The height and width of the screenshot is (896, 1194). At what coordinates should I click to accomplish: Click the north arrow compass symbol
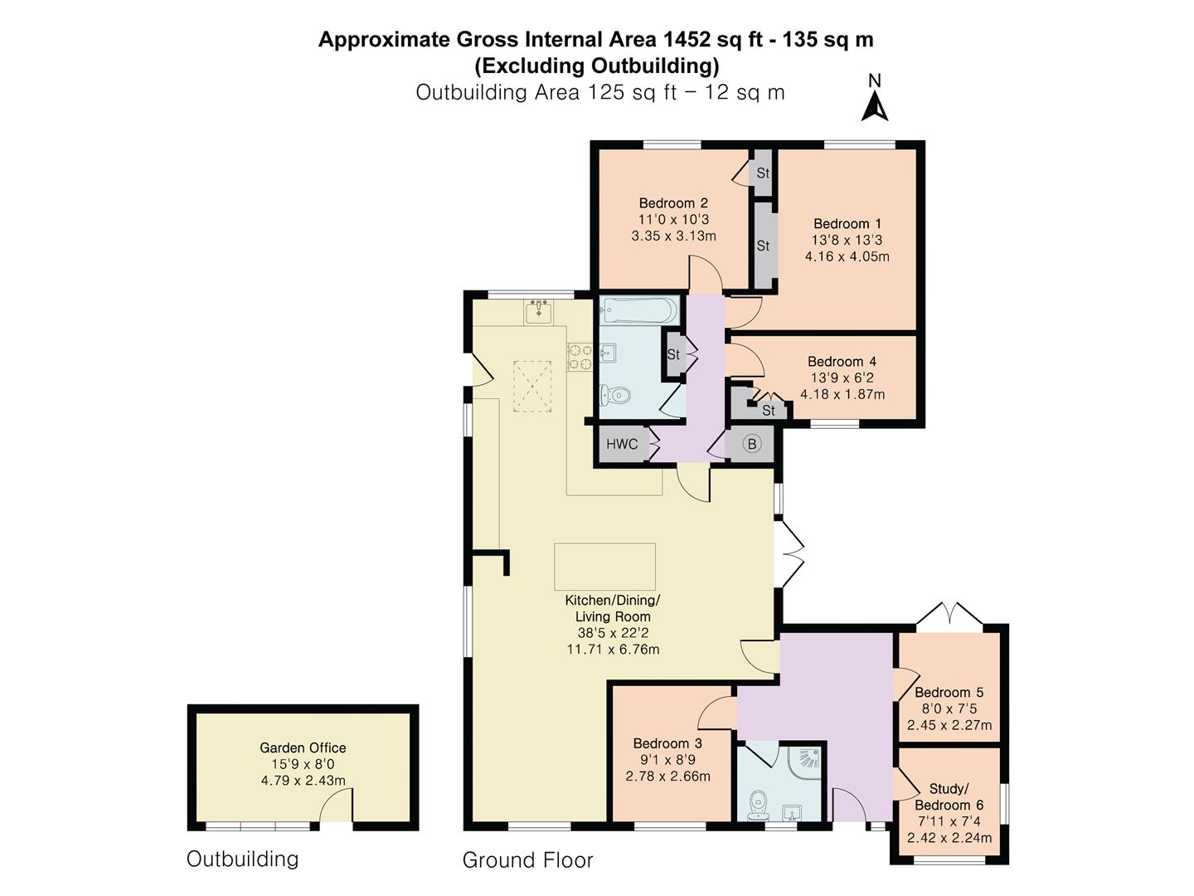pyautogui.click(x=874, y=99)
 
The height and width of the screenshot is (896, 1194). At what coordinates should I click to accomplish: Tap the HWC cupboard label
pyautogui.click(x=622, y=444)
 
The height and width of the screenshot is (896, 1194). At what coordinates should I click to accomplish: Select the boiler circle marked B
pyautogui.click(x=752, y=444)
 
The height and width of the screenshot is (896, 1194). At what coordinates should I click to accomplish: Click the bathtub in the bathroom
pyautogui.click(x=638, y=310)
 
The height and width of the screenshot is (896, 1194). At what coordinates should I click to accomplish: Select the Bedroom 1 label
pyautogui.click(x=847, y=224)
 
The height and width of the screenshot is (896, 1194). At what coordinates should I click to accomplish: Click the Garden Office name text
pyautogui.click(x=303, y=747)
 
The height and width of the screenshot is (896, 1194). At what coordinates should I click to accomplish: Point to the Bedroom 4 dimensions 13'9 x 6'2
pyautogui.click(x=842, y=377)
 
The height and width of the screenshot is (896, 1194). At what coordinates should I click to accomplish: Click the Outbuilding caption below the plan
pyautogui.click(x=242, y=859)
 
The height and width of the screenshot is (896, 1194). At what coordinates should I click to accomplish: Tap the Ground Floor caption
pyautogui.click(x=527, y=859)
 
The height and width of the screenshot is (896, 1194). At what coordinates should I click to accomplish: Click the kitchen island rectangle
pyautogui.click(x=604, y=567)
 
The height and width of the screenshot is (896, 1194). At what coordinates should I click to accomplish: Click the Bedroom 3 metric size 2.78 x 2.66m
pyautogui.click(x=667, y=776)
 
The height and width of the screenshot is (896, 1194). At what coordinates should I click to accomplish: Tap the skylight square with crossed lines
pyautogui.click(x=532, y=387)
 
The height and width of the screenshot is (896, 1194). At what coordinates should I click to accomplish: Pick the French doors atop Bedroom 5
pyautogui.click(x=949, y=614)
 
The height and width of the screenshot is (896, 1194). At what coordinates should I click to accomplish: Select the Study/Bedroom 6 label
pyautogui.click(x=949, y=796)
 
